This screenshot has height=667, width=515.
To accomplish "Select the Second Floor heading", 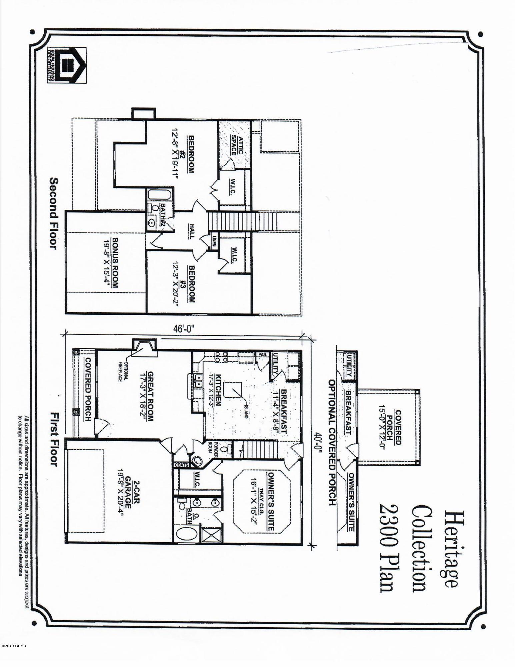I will [x=54, y=213].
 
